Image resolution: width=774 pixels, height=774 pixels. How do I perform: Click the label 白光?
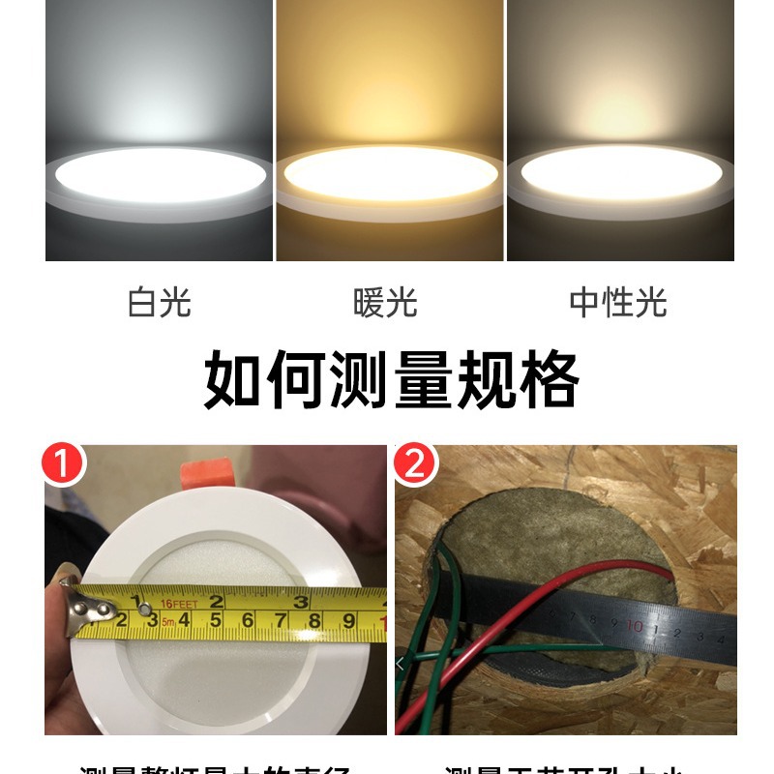coord(160,303)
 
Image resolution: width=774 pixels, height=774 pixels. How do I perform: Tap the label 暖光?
coord(385,303)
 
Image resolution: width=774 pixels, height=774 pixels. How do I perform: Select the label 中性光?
coord(618,303)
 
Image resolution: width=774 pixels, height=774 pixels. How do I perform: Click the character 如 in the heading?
coord(232,380)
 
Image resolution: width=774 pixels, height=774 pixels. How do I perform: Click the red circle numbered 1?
coord(64,465)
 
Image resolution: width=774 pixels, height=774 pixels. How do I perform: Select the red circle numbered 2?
coord(415,465)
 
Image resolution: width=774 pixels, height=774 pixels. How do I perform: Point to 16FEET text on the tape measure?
coord(179,604)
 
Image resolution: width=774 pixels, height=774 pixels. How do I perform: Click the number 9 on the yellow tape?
coord(349,621)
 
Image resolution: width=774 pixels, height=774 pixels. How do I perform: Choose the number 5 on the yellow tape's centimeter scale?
coord(215,620)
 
